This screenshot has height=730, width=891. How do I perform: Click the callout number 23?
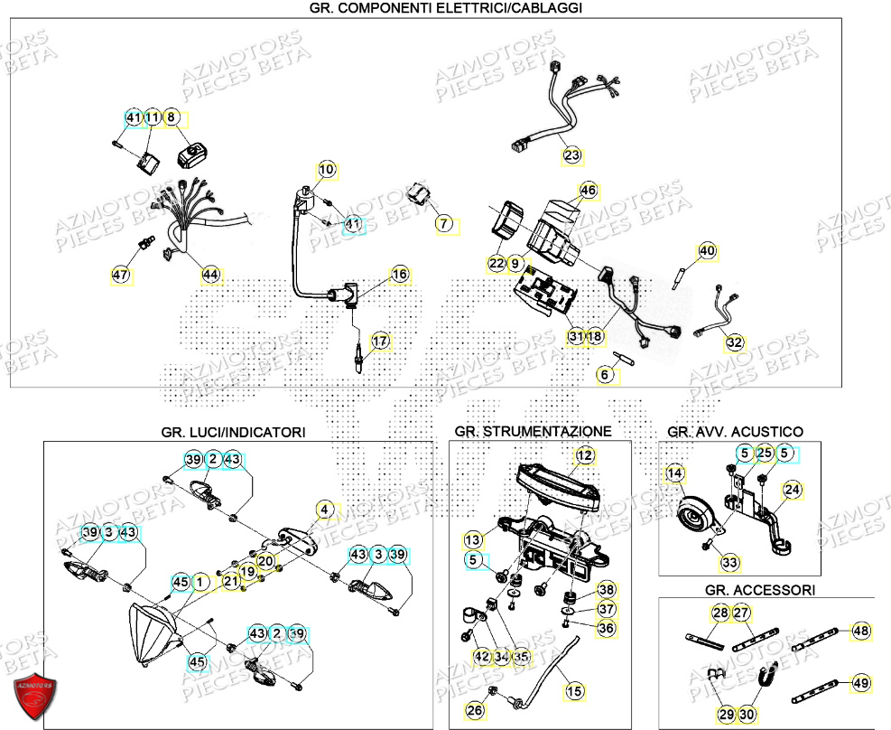(572, 156)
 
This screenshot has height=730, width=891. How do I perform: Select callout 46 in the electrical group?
(589, 191)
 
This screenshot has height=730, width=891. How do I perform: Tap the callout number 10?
(326, 169)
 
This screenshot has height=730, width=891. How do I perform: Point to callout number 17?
(380, 341)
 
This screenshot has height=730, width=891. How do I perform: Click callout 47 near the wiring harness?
(121, 275)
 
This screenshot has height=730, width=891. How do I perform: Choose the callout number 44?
(210, 275)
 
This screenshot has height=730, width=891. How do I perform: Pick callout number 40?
(706, 251)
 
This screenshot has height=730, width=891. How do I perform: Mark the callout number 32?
(736, 342)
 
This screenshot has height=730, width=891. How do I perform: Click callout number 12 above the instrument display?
(585, 455)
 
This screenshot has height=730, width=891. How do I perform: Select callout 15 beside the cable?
(574, 692)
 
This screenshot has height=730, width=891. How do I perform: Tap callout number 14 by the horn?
(674, 473)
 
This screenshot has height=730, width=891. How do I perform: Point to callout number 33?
(729, 563)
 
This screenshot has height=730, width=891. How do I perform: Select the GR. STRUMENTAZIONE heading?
(533, 432)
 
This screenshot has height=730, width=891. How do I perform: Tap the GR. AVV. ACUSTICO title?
(735, 432)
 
